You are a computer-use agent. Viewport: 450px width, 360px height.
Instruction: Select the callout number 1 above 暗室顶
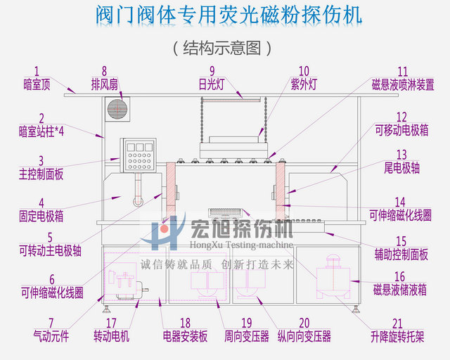point(37,71)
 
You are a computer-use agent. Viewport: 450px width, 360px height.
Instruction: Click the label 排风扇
point(104,84)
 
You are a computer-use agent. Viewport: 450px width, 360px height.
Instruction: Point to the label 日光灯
point(211,84)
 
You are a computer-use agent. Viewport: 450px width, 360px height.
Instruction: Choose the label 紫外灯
point(303,84)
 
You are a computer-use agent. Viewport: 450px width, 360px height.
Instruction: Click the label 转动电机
point(111,337)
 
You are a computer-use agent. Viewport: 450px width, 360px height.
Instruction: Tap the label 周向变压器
point(247,337)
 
